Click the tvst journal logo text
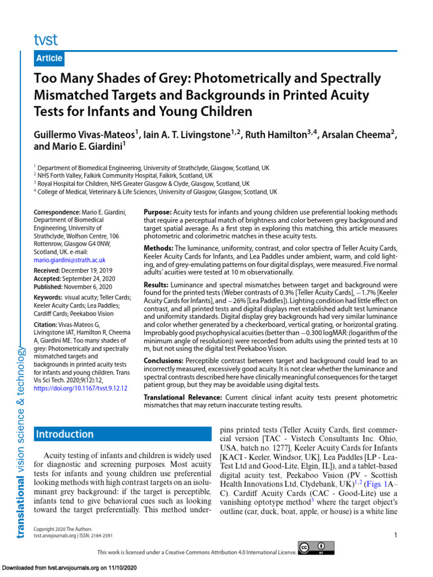tap(46, 39)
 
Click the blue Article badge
tap(50, 59)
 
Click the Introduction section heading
tap(65, 434)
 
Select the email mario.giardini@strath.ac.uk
tap(69, 260)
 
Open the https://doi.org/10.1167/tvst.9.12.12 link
tap(81, 388)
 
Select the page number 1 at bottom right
tap(396, 535)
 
